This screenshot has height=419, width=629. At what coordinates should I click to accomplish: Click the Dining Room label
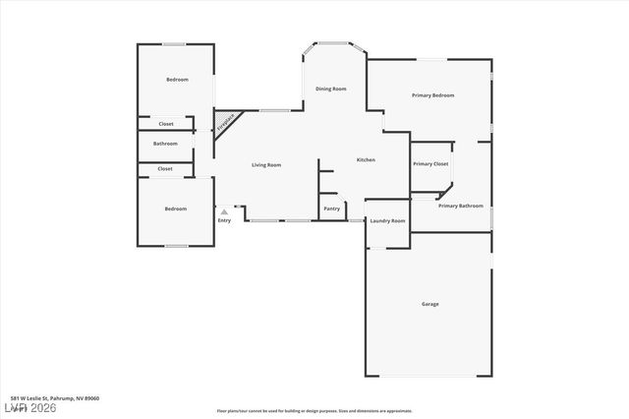coord(331,90)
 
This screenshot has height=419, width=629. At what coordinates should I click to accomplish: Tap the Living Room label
coord(266,165)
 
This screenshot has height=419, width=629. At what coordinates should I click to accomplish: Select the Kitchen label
coord(366,160)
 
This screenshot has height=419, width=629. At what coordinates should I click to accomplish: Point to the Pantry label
coord(331,209)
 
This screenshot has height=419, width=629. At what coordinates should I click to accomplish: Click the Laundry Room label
coord(387,221)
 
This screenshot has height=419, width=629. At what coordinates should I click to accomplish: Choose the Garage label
coord(430,304)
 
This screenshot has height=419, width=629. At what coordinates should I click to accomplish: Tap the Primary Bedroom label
coord(432,95)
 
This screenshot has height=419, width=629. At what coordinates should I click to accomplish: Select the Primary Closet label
coord(430,164)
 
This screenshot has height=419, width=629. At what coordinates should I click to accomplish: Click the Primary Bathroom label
coord(461,206)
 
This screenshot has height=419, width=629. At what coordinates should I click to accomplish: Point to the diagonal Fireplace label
coord(226,123)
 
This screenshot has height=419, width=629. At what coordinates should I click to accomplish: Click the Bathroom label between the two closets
coord(165,144)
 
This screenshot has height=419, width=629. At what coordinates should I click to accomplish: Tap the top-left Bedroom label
coord(177,80)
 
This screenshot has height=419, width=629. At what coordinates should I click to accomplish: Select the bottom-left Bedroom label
coord(175,209)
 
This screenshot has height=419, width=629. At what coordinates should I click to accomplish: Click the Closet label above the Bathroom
coord(165,124)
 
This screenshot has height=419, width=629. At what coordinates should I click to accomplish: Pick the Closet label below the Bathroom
coord(165,169)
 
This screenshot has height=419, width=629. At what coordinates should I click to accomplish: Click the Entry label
coord(224,220)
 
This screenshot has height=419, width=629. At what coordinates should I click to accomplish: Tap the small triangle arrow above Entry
coord(224,211)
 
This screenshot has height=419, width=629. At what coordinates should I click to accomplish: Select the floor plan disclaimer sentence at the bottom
coord(314,411)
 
